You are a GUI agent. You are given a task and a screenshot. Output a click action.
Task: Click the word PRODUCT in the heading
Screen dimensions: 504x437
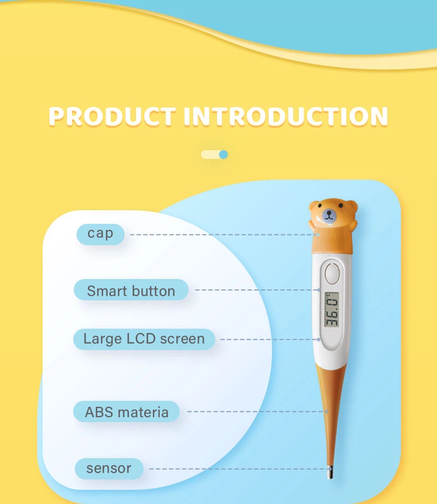coord(111,116)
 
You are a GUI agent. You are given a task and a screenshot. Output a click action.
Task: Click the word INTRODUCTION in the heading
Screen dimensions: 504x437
coord(286,116)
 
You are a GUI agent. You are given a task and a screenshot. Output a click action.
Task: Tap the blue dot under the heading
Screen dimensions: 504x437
coord(223,155)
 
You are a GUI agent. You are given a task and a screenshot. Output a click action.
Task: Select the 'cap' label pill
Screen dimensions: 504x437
coord(101,234)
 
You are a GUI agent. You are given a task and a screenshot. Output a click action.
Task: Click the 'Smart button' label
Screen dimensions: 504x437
coord(131,290)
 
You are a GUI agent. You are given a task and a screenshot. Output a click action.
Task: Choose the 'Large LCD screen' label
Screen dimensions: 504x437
coord(144,339)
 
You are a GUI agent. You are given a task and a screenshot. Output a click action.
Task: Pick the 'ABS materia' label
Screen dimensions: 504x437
coord(127,412)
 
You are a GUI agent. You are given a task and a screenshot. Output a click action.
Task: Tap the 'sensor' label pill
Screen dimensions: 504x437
coord(109,468)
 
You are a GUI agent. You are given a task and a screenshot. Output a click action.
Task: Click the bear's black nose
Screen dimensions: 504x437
coord(329,215)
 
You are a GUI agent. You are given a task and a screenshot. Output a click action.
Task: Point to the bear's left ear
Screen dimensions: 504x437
coord(315,206)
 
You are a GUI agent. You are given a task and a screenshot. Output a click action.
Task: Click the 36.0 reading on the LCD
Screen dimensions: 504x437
coord(332,310)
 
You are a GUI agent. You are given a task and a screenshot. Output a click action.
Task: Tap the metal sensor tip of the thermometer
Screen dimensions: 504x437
coord(330,473)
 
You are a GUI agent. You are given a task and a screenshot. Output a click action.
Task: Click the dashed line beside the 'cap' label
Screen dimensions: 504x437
coord(218,234)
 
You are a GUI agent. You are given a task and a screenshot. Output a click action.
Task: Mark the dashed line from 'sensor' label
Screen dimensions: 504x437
coord(235,469)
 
